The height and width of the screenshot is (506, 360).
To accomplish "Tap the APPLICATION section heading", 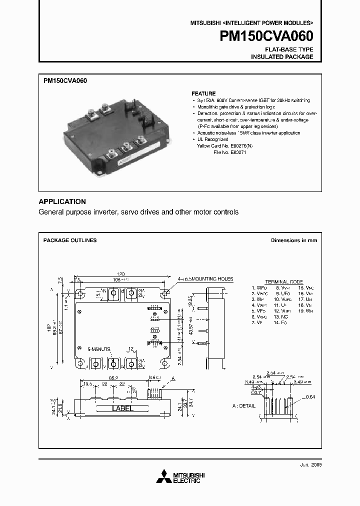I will coord(62,201).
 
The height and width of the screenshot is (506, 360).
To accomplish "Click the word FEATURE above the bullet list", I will coord(203,93).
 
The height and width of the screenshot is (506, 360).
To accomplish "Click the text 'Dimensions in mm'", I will coord(293,240).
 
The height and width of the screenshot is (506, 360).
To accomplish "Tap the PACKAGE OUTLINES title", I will coord(70,240).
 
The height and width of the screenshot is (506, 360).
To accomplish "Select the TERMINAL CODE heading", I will coord(283,282).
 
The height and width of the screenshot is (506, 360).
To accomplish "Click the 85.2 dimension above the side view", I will coord(113,378).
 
